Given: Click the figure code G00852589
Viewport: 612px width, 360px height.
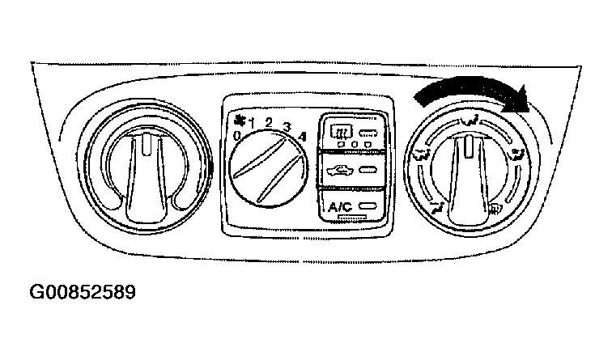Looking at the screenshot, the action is tap(83, 292).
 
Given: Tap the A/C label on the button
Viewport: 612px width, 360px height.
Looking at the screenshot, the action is tap(340, 207).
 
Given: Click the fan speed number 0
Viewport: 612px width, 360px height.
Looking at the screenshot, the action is tap(237, 136).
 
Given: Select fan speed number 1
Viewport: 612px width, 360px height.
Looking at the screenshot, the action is tap(251, 125).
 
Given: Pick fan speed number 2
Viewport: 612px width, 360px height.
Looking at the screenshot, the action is tap(269, 123).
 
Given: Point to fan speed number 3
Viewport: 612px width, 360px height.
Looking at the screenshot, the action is tap(287, 127).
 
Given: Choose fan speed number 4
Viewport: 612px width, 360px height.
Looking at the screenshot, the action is tap(302, 137).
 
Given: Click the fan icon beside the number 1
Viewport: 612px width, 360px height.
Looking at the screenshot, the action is tap(238, 121).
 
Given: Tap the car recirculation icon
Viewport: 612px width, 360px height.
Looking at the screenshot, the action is tap(339, 170).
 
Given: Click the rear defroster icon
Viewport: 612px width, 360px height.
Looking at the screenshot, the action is tap(341, 131).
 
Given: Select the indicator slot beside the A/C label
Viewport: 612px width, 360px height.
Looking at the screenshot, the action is tap(368, 206).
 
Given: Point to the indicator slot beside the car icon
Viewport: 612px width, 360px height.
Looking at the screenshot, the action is tap(368, 170).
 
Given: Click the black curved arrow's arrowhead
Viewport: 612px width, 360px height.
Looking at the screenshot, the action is tap(516, 100).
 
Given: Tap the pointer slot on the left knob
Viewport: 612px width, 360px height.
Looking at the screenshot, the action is tap(146, 144).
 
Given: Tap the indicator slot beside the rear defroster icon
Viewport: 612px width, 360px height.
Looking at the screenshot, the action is tap(368, 133).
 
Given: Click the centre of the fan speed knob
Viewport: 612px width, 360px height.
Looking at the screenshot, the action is tap(269, 169).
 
